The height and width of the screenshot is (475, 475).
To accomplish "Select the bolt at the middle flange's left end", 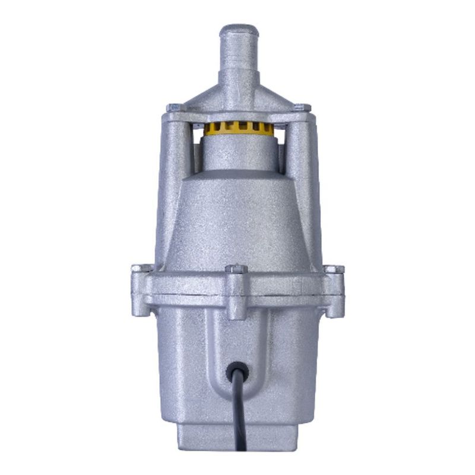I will pos(138,269).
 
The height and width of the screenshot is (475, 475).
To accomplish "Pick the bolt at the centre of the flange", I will pos(236,271).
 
